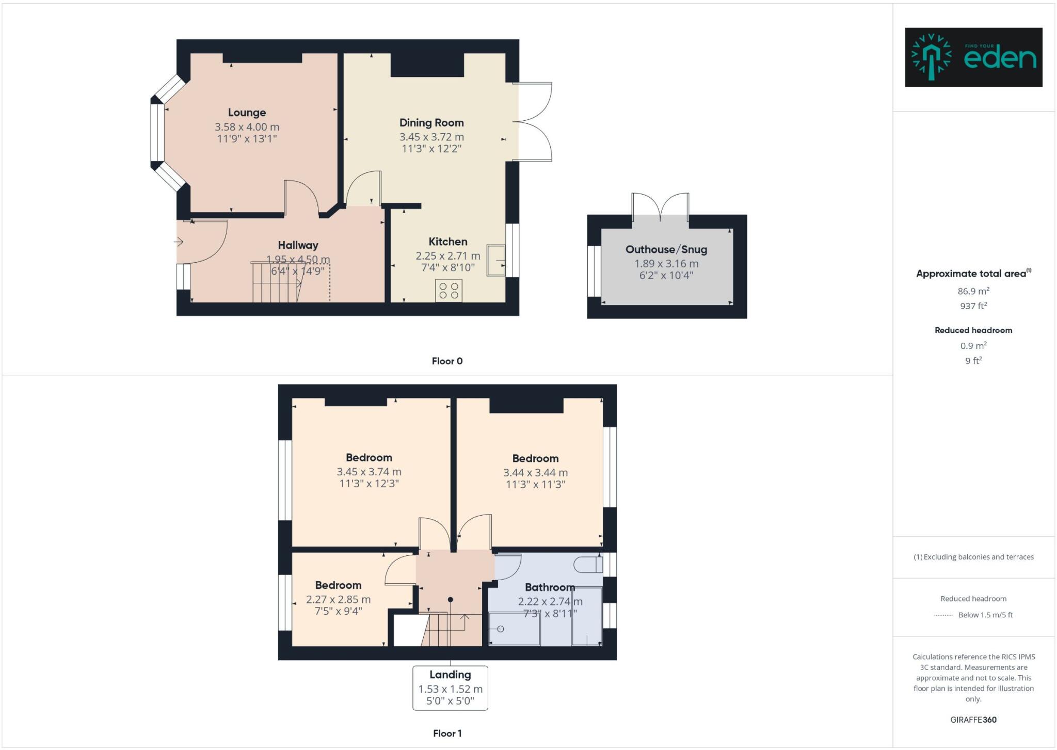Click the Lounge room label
[247, 113]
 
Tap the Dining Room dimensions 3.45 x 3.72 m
[431, 137]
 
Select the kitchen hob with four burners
[449, 291]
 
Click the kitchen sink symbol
[496, 261]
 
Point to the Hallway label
[298, 245]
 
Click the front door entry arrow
[179, 242]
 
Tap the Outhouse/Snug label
[666, 249]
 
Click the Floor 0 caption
[447, 361]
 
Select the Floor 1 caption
[447, 733]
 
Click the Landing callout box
[450, 688]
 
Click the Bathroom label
[549, 587]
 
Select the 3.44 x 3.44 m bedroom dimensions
[535, 472]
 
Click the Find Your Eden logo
[973, 57]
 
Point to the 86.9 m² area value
[973, 291]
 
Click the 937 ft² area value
[973, 306]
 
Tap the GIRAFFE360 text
[973, 720]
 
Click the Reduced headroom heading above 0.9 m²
[973, 330]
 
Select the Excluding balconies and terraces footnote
[973, 557]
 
